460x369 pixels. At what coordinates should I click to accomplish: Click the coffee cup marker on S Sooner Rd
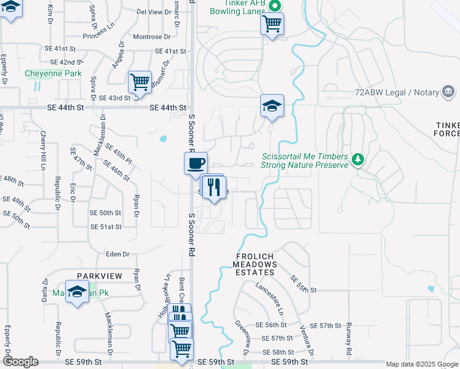pos(196,164)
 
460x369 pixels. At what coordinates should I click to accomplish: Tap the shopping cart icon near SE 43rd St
pos(140,82)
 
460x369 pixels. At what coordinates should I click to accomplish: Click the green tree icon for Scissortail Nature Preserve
pos(357,161)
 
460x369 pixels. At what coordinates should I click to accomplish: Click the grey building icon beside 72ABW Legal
pos(448,92)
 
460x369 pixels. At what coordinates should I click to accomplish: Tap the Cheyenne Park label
pos(53,74)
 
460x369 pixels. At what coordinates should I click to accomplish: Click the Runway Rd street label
pos(348,338)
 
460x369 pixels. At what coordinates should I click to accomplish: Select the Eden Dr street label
pos(117,254)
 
